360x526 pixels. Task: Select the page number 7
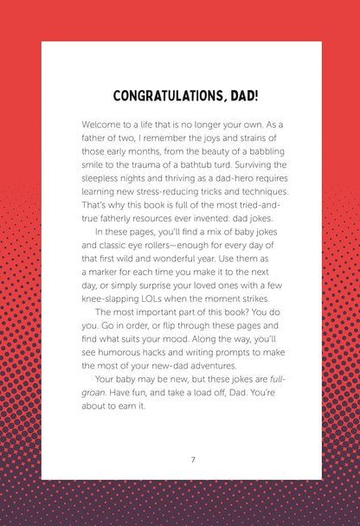click(193, 459)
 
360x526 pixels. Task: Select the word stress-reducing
click(172, 191)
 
